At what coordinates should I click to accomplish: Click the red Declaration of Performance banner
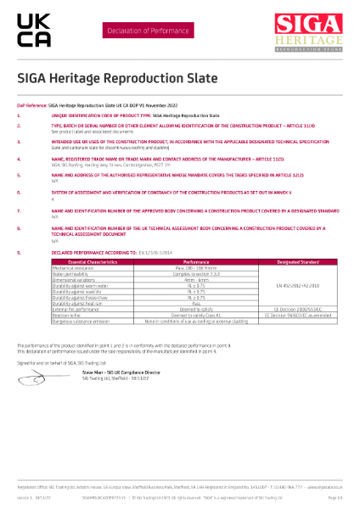tap(140, 31)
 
